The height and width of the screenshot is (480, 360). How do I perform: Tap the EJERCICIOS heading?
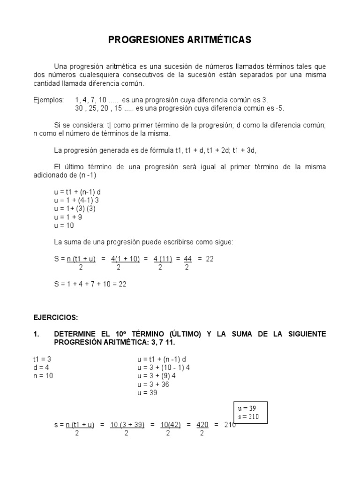(x=54, y=317)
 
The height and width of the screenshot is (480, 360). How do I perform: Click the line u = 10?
(x=65, y=225)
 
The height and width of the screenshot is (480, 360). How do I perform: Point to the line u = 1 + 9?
(x=68, y=217)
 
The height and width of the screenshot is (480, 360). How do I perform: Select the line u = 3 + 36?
(x=153, y=384)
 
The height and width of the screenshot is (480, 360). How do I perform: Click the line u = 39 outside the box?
(x=148, y=393)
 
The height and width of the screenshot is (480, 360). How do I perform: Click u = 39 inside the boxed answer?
(x=247, y=408)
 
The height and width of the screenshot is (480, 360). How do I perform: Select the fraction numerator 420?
(x=202, y=425)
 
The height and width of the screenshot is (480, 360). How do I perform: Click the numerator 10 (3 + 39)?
(x=127, y=425)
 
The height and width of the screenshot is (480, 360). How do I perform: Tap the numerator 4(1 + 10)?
(x=125, y=259)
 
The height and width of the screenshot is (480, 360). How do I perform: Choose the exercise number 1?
(x=36, y=334)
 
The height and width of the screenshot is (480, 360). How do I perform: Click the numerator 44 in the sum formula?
(x=187, y=259)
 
